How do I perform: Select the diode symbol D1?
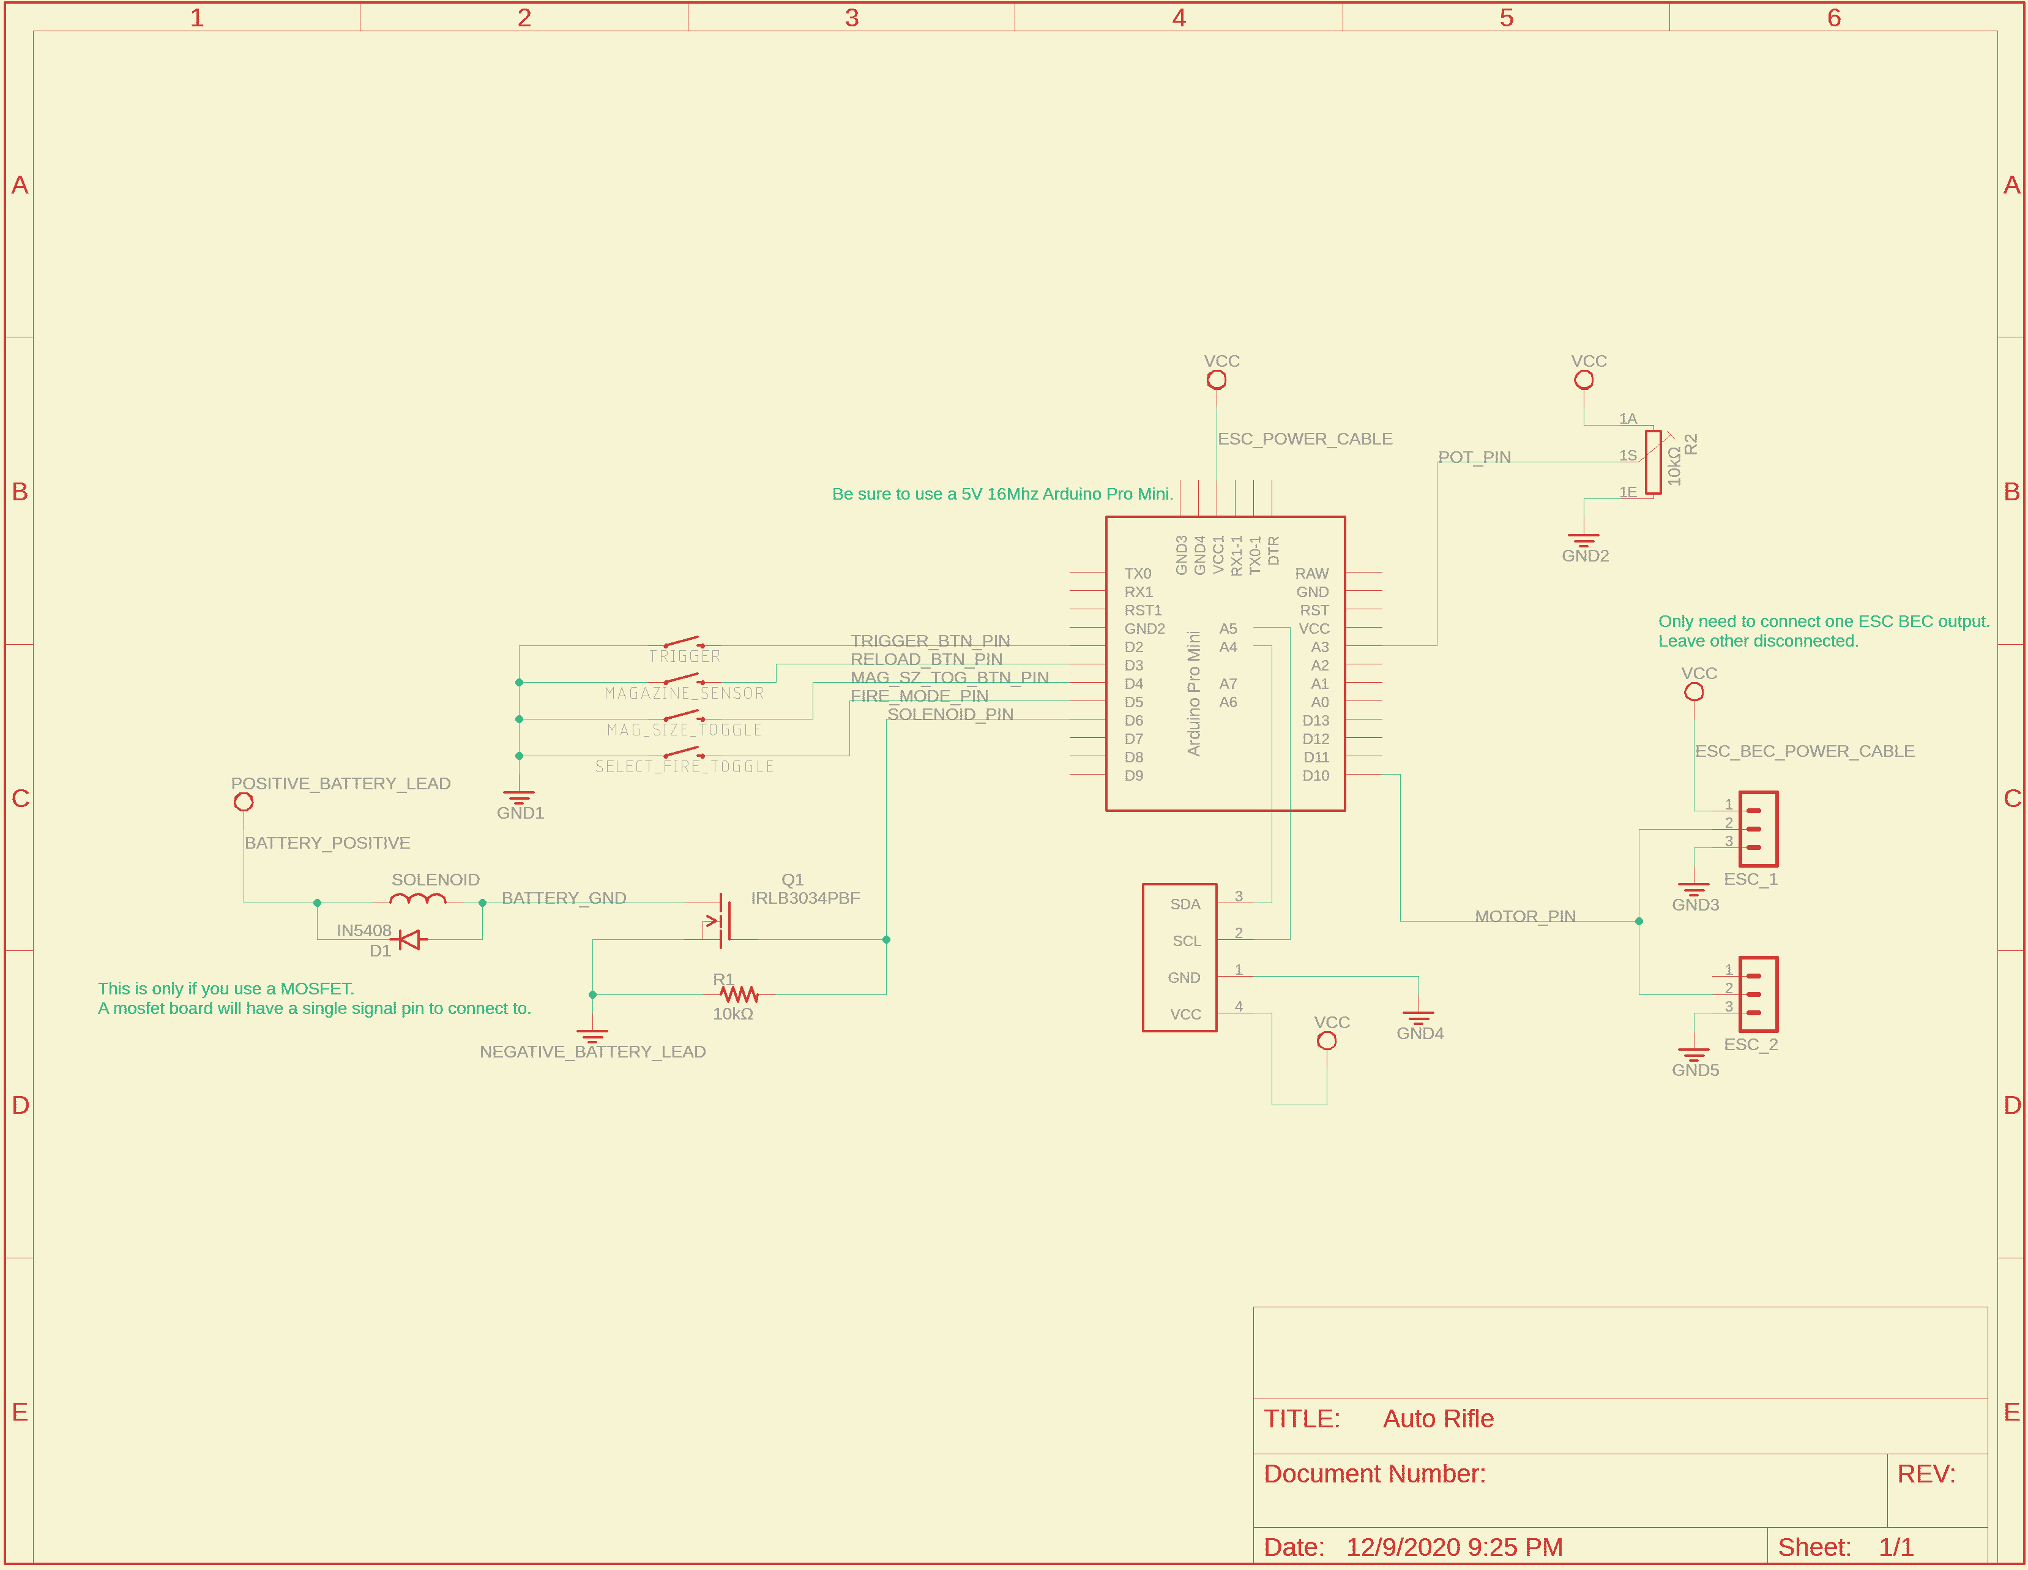tap(409, 940)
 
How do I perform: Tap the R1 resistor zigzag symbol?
tap(739, 995)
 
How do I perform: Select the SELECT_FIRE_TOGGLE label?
tap(684, 767)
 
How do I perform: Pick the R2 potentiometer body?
tap(1653, 462)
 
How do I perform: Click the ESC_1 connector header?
tap(1757, 828)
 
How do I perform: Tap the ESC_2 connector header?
tap(1757, 994)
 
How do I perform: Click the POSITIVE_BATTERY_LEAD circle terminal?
tap(244, 802)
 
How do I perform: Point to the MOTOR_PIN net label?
tap(1525, 917)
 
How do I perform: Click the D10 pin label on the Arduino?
tap(1315, 776)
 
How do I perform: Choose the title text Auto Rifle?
tap(1437, 1419)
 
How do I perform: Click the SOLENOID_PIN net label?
tap(950, 715)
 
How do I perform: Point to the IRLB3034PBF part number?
tap(805, 898)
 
